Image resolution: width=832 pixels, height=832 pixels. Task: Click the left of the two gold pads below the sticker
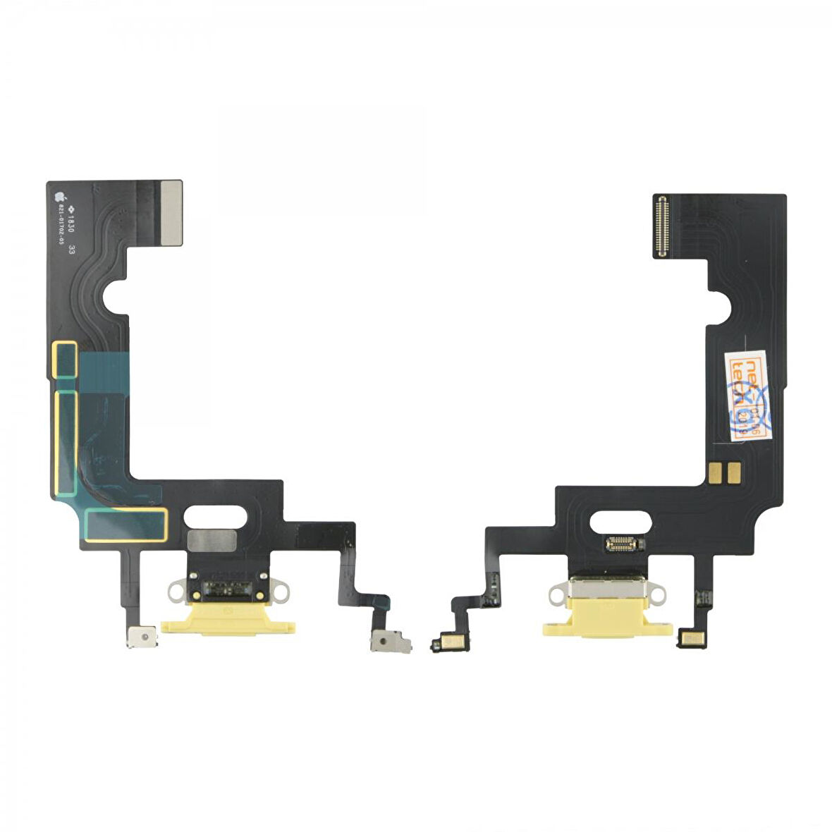717,470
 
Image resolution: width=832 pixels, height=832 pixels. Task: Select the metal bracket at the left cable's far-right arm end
391,643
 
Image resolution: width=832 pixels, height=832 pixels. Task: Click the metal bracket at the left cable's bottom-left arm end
142,637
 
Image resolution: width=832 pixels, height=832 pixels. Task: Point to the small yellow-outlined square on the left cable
66,360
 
